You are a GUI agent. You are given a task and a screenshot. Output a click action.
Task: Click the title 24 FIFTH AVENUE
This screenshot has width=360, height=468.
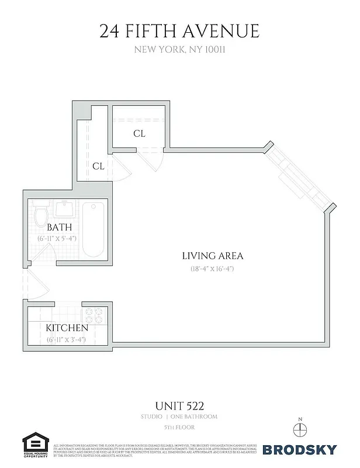pyautogui.click(x=179, y=30)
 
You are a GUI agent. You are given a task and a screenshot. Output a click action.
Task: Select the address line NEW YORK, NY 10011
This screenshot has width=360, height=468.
pyautogui.click(x=179, y=50)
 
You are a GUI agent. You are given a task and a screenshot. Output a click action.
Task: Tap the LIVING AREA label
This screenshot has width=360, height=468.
pyautogui.click(x=212, y=256)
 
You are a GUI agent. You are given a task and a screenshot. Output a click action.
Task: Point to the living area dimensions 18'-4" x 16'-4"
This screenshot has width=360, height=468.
pyautogui.click(x=212, y=270)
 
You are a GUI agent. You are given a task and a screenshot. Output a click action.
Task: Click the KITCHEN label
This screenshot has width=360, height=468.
pyautogui.click(x=67, y=328)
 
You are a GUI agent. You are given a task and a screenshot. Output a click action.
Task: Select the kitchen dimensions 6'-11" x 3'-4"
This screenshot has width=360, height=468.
pyautogui.click(x=66, y=339)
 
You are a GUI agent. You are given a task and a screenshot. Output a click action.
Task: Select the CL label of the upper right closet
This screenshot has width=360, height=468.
pyautogui.click(x=139, y=134)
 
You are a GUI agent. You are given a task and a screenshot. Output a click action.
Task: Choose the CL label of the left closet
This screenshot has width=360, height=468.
pyautogui.click(x=98, y=166)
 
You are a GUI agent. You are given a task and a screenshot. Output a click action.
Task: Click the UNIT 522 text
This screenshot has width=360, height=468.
pyautogui.click(x=179, y=404)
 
